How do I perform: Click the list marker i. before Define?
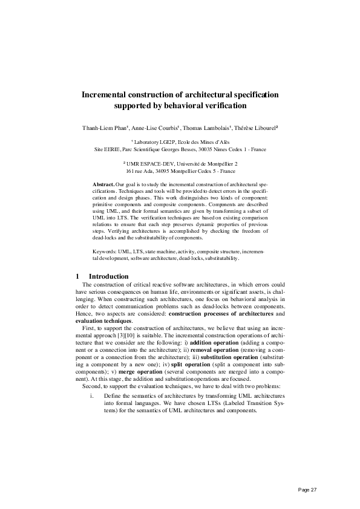pos(91,395)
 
